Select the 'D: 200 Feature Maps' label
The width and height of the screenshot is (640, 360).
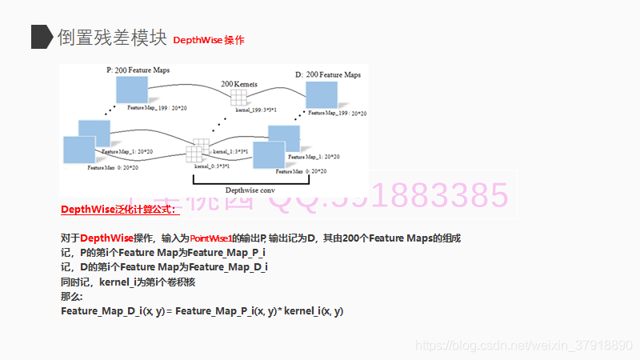pyautogui.click(x=328, y=74)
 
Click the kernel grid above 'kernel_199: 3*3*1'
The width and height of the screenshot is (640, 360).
pyautogui.click(x=238, y=98)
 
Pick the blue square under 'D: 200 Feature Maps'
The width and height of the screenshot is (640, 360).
pyautogui.click(x=322, y=95)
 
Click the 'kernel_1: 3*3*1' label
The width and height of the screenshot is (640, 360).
pyautogui.click(x=230, y=150)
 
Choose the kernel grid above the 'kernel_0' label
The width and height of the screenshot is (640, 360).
pyautogui.click(x=196, y=153)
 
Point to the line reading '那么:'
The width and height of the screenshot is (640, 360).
pyautogui.click(x=72, y=296)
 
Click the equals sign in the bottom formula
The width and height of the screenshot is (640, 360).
pyautogui.click(x=170, y=310)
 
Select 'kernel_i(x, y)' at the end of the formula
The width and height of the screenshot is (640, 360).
pyautogui.click(x=314, y=310)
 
